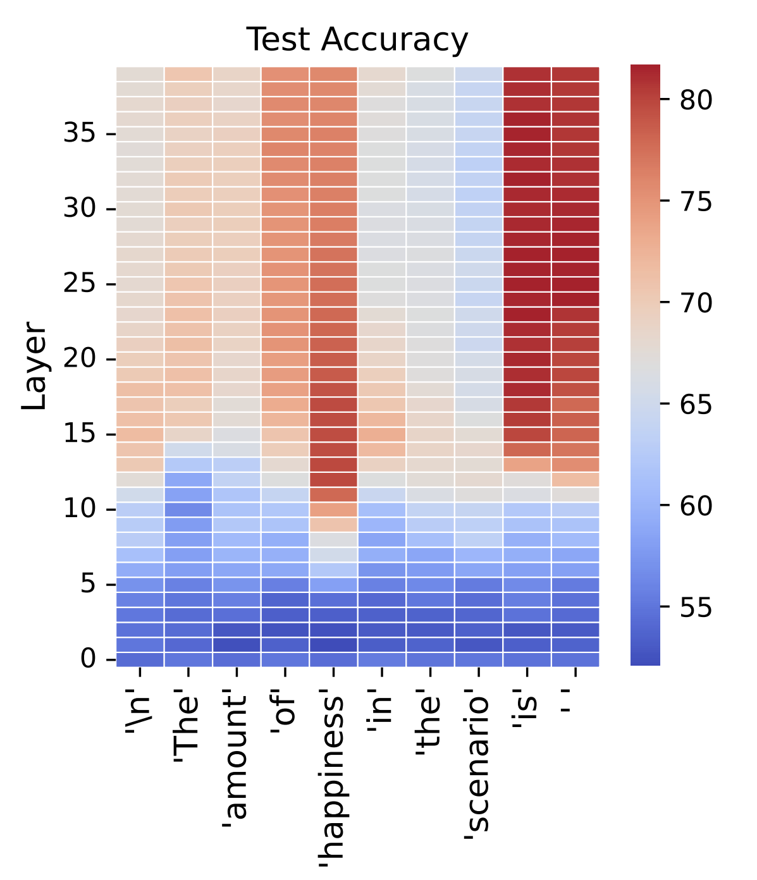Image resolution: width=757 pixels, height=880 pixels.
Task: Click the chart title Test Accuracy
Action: click(357, 40)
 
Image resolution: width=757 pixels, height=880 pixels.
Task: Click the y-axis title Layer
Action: click(34, 366)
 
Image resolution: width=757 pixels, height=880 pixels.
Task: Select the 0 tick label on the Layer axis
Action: click(89, 659)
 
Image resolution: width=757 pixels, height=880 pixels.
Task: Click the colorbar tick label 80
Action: click(696, 101)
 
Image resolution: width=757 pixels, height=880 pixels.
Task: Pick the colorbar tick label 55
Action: click(696, 608)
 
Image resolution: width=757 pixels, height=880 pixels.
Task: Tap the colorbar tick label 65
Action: click(696, 405)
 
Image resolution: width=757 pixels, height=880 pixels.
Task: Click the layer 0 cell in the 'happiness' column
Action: click(333, 659)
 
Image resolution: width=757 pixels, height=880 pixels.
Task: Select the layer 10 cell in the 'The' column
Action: click(188, 510)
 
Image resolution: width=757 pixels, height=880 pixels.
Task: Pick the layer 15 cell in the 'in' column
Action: click(381, 434)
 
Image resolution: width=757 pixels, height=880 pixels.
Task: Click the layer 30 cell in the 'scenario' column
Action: click(478, 209)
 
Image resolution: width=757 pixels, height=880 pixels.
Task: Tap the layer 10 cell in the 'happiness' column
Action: click(333, 510)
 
